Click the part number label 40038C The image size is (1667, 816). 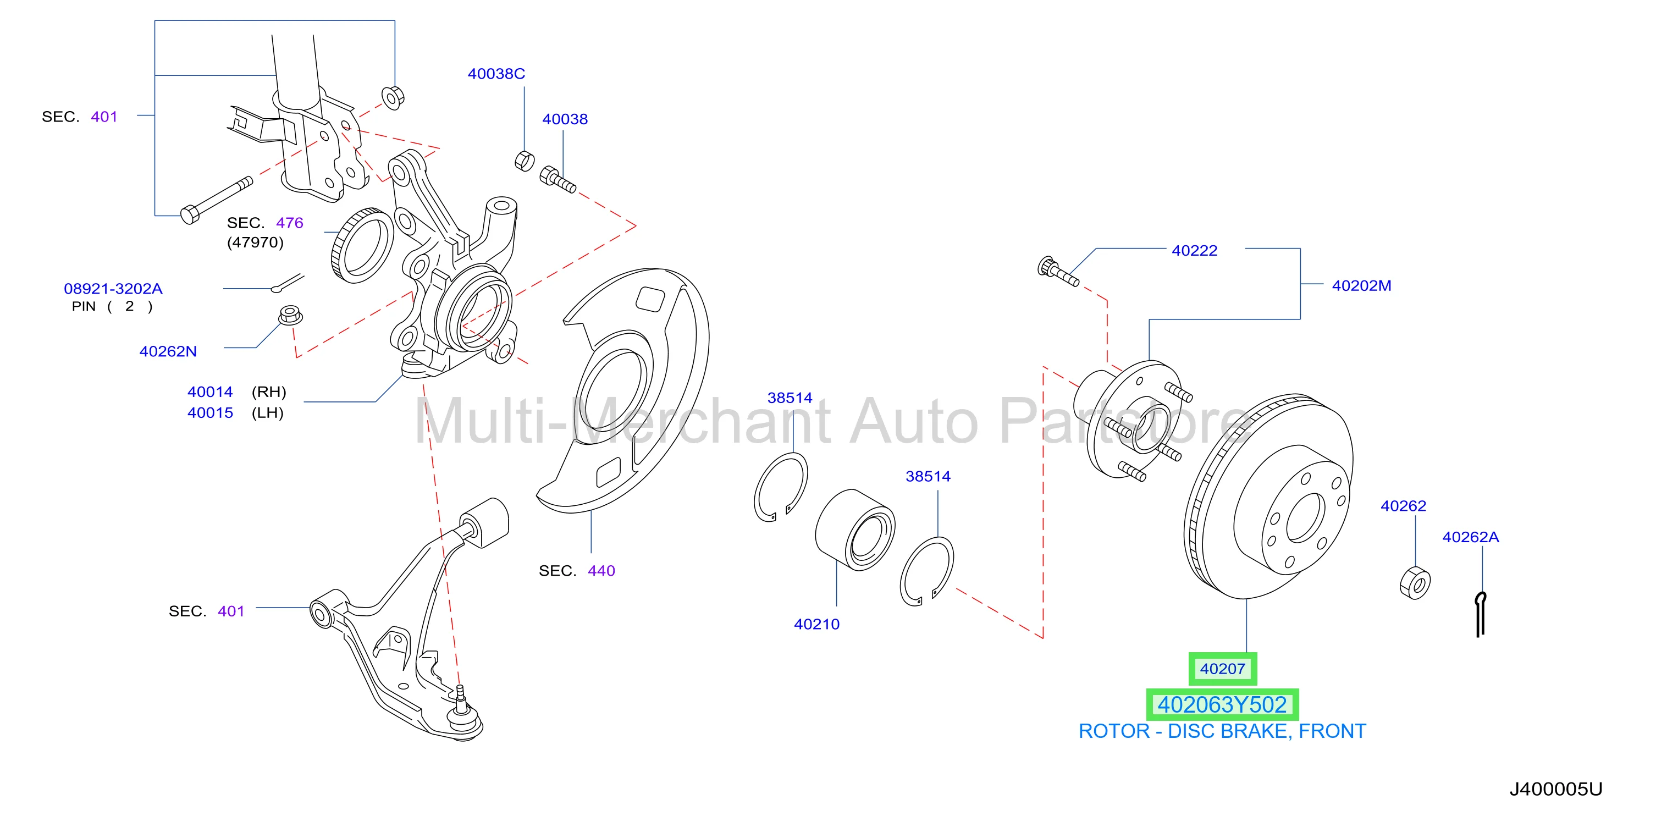click(x=496, y=74)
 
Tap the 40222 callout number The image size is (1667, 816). click(x=1194, y=250)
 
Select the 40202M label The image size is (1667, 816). click(x=1361, y=285)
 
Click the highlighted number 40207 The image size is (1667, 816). click(x=1222, y=669)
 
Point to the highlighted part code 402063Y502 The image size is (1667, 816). click(x=1222, y=704)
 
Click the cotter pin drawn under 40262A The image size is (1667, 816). click(x=1481, y=614)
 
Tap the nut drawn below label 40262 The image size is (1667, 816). click(x=1415, y=582)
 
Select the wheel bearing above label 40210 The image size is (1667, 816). click(x=855, y=530)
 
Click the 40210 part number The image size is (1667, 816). click(x=816, y=624)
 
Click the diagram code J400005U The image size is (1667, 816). click(x=1556, y=789)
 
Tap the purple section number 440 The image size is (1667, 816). click(x=601, y=571)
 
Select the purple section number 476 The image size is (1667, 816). click(x=289, y=223)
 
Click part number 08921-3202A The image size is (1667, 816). click(x=113, y=289)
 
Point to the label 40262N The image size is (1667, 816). click(x=168, y=351)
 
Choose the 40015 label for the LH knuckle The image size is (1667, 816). click(x=211, y=412)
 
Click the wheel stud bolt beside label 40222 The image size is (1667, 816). click(x=1058, y=272)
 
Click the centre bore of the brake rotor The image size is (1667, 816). click(x=1305, y=517)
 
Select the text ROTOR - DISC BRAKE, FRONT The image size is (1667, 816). click(x=1222, y=731)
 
